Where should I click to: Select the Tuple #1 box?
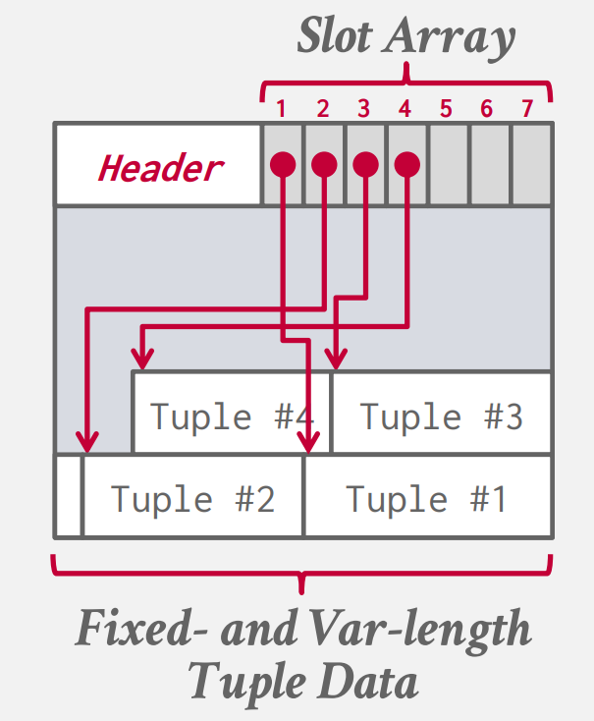tap(426, 497)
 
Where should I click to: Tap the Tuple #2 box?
tap(192, 497)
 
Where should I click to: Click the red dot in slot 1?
tap(282, 163)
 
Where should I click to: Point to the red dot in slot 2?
tap(323, 163)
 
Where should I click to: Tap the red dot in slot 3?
tap(364, 163)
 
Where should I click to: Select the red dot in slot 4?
tap(406, 163)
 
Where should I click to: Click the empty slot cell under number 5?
tap(449, 165)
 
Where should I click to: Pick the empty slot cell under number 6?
tap(490, 165)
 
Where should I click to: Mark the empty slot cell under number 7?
tap(531, 165)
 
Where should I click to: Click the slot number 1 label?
tap(282, 108)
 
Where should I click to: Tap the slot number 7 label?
tap(527, 108)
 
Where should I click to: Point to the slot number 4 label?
tap(405, 108)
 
